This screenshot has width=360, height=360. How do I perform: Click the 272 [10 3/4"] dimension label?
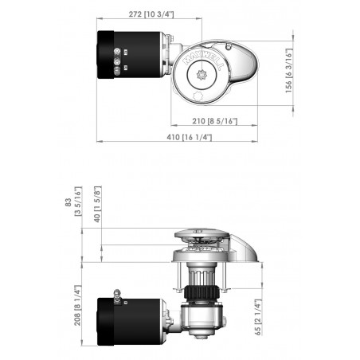tap(151, 14)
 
